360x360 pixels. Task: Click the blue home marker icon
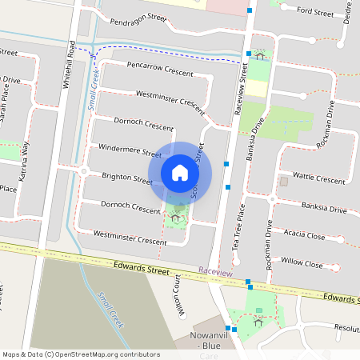click(x=180, y=172)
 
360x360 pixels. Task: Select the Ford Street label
click(x=314, y=12)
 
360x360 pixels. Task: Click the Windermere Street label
click(x=130, y=153)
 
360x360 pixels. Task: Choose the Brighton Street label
click(x=126, y=178)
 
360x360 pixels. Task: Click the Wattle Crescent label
click(x=319, y=176)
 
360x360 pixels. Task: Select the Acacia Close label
click(x=304, y=235)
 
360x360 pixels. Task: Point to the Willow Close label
click(x=302, y=262)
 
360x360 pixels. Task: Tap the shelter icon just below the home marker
click(x=175, y=216)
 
